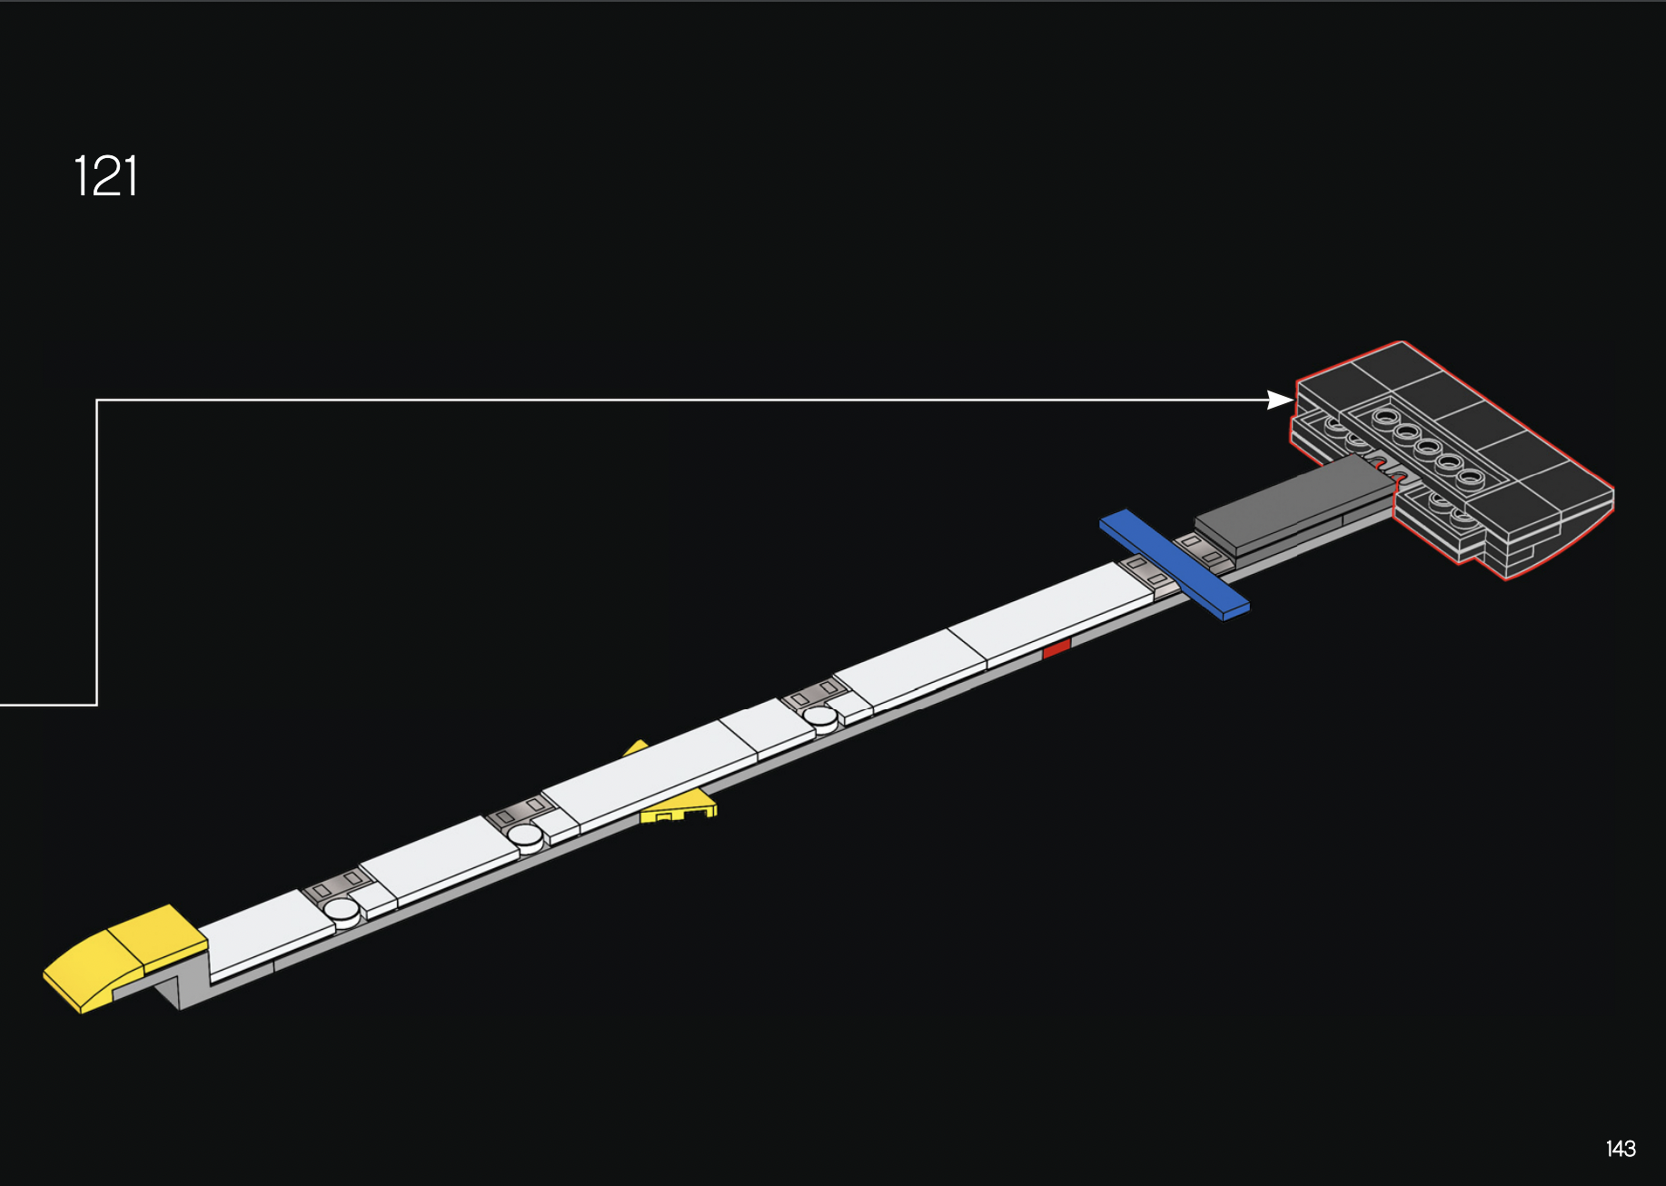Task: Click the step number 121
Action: (105, 176)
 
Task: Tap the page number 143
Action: (1621, 1149)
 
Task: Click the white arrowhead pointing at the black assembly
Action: (1281, 400)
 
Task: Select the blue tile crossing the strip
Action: (1174, 564)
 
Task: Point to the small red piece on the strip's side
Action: (1056, 648)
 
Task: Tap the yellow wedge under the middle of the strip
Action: (677, 805)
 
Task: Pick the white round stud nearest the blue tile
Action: (820, 717)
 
